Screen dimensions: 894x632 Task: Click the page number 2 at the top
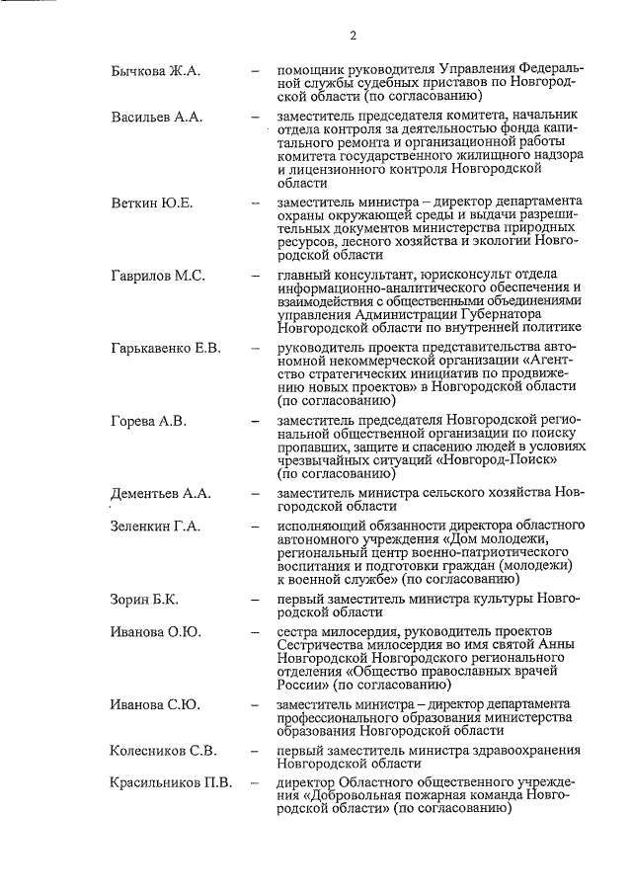352,37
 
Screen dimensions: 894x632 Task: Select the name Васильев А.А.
156,118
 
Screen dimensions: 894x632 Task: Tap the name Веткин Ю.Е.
151,203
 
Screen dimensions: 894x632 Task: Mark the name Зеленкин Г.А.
155,527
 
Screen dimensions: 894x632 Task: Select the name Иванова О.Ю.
155,631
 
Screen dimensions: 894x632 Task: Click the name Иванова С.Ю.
155,704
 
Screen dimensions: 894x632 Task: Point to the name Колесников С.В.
163,751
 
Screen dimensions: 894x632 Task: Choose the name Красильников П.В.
171,783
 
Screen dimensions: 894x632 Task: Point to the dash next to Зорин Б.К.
256,600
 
